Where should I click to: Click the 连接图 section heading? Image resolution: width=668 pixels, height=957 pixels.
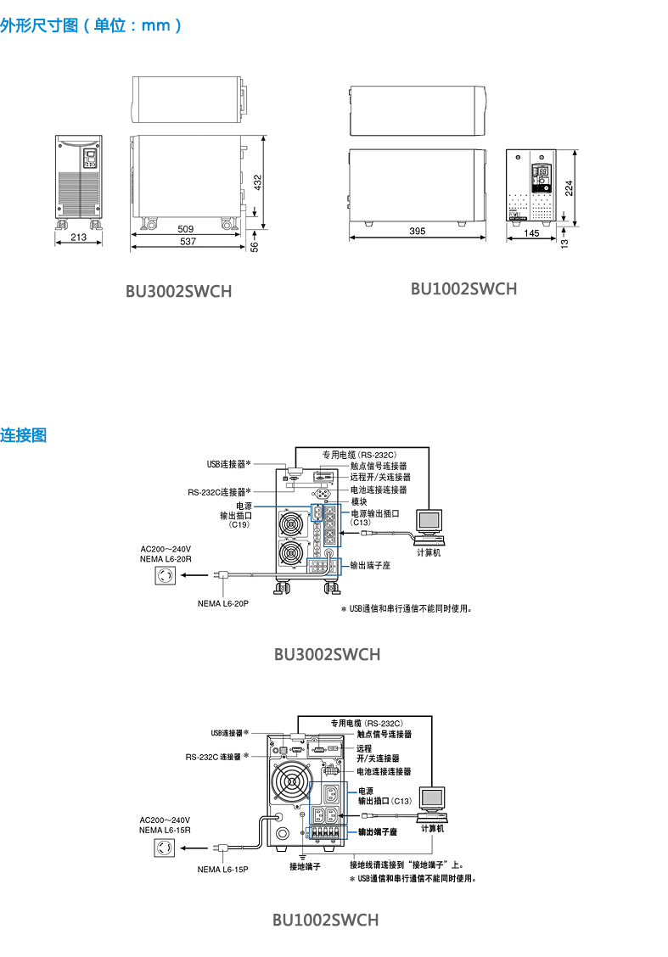tap(24, 435)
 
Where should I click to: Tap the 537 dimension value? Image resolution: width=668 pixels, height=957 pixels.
tap(188, 242)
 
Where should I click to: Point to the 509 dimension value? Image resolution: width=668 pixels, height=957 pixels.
tap(186, 228)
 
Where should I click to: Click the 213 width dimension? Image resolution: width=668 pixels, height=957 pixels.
tap(79, 238)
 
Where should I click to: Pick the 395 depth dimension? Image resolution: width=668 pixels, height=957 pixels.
tap(417, 232)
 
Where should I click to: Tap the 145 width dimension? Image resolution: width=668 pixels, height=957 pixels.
tap(531, 232)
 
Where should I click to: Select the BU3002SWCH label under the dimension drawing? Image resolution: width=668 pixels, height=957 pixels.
tap(178, 292)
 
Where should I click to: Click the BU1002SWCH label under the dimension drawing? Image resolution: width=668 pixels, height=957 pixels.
tap(463, 288)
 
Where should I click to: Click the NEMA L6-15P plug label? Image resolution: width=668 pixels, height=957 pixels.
tap(222, 870)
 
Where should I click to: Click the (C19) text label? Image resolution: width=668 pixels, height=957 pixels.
tap(239, 525)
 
